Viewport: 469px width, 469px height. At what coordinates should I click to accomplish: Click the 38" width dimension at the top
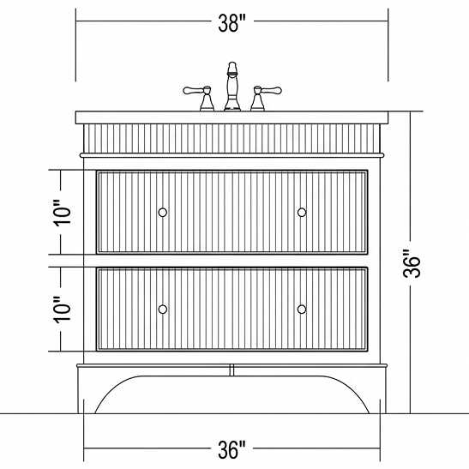coord(231,23)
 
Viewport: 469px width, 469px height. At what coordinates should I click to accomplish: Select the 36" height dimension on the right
coord(412,263)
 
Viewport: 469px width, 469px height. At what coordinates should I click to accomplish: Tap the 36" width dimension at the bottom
coord(231,449)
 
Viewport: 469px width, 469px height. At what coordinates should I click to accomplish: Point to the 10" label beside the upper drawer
coord(63,212)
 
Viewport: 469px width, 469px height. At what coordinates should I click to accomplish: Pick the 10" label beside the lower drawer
coord(63,310)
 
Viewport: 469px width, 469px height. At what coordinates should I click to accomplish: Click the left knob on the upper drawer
coord(162,212)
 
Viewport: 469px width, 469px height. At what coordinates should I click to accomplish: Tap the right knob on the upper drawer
coord(302,212)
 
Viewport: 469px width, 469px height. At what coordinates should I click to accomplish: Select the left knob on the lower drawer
coord(162,309)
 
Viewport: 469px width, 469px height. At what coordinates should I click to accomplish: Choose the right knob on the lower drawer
coord(302,309)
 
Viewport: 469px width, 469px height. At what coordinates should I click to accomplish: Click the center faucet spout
coord(232,87)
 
